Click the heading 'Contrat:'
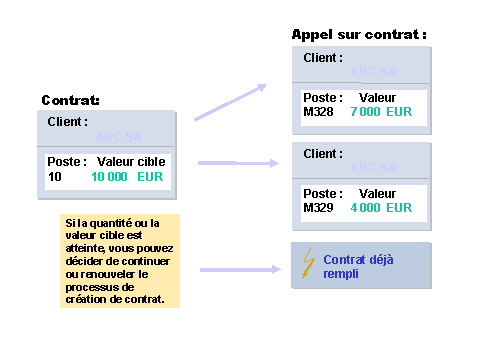(70, 101)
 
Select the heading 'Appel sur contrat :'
(359, 35)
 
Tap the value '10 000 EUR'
(126, 177)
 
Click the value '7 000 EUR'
(381, 112)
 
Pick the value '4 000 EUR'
(381, 208)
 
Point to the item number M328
(320, 112)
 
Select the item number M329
(320, 208)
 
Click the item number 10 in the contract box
(55, 177)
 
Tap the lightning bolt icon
(308, 264)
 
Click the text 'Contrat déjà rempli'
(358, 266)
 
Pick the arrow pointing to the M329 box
(238, 162)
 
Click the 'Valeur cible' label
(130, 162)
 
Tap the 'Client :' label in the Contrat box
(68, 122)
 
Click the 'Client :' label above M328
(323, 58)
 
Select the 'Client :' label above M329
(323, 154)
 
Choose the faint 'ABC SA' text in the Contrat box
(118, 136)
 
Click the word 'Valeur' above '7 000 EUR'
(377, 98)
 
